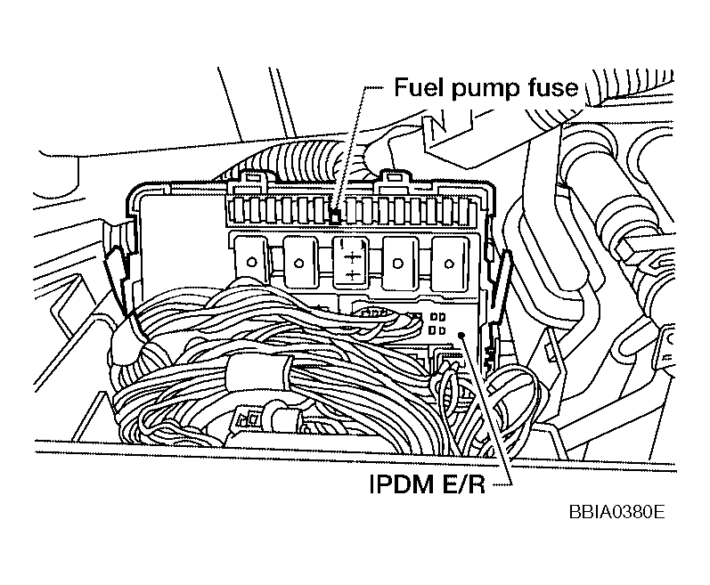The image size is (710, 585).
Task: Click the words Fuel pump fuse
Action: (486, 88)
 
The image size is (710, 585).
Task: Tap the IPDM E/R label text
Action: (424, 487)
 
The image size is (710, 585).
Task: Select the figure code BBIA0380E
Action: (613, 514)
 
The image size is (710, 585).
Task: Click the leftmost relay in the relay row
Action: (252, 260)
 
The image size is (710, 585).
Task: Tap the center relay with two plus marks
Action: (352, 262)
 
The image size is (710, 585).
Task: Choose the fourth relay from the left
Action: (400, 260)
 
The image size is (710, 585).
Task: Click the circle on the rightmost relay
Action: (449, 263)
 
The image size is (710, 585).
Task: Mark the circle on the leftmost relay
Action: (253, 263)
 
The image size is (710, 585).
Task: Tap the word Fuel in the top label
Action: (418, 88)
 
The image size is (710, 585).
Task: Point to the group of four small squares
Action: (437, 323)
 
